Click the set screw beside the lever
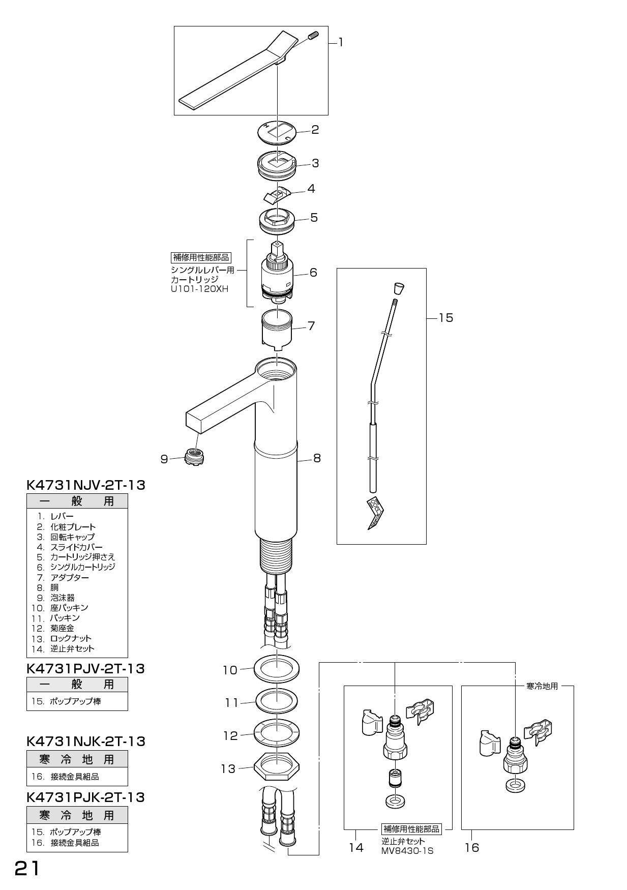[313, 36]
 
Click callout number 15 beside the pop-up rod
[445, 318]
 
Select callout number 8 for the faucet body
[317, 458]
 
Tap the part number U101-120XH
[200, 289]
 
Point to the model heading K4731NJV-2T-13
[85, 485]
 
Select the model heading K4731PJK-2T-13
[85, 797]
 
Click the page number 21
[26, 868]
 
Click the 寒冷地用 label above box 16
[542, 686]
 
